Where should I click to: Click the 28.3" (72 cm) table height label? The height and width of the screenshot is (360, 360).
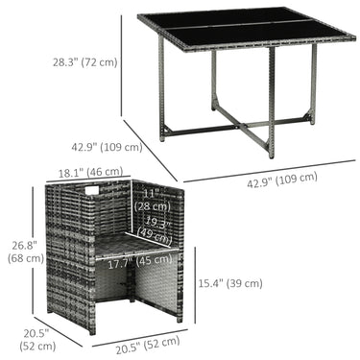85,61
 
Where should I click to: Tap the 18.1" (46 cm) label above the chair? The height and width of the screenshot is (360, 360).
90,172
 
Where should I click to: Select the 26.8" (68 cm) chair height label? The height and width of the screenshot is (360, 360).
26,252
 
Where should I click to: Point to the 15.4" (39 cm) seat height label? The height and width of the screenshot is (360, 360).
230,283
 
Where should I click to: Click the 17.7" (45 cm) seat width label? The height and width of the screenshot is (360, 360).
140,262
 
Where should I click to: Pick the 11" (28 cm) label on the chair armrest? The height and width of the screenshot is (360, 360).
152,200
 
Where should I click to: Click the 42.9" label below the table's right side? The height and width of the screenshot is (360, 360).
282,180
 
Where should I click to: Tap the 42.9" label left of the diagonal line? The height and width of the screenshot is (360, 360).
107,147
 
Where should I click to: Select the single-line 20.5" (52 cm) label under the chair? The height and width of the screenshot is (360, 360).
148,346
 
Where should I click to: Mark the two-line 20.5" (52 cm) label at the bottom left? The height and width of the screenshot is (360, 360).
37,340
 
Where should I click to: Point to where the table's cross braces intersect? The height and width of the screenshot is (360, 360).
244,127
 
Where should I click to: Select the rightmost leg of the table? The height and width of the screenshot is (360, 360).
313,84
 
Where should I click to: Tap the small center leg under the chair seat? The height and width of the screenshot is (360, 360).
132,287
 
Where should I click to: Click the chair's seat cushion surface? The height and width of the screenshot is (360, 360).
135,245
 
